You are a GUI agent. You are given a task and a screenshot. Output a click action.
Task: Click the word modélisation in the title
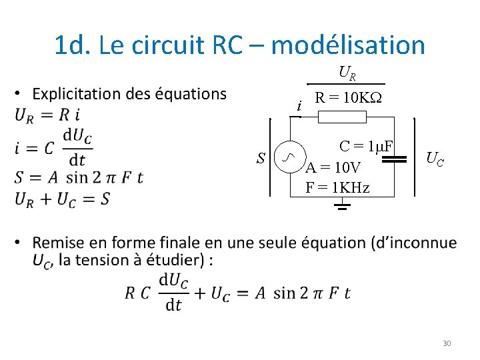click(x=348, y=45)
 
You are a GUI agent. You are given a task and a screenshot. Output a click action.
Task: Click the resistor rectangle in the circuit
click(x=342, y=117)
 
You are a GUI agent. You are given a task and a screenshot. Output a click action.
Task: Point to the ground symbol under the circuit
click(x=342, y=204)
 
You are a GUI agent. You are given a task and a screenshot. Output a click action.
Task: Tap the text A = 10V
click(x=333, y=167)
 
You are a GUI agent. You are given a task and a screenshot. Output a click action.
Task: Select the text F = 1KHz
click(x=337, y=187)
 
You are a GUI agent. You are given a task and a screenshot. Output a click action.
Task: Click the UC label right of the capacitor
click(x=435, y=158)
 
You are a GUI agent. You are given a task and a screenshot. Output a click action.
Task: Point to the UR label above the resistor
click(x=347, y=71)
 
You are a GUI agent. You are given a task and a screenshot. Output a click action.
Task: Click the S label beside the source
click(x=262, y=158)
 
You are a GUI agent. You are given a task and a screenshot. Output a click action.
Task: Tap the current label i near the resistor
click(x=300, y=106)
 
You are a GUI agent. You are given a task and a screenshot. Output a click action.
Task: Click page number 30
click(x=447, y=343)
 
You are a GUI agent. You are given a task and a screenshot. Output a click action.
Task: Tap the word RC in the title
click(x=229, y=45)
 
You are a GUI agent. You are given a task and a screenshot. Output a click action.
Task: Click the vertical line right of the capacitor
click(x=415, y=157)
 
